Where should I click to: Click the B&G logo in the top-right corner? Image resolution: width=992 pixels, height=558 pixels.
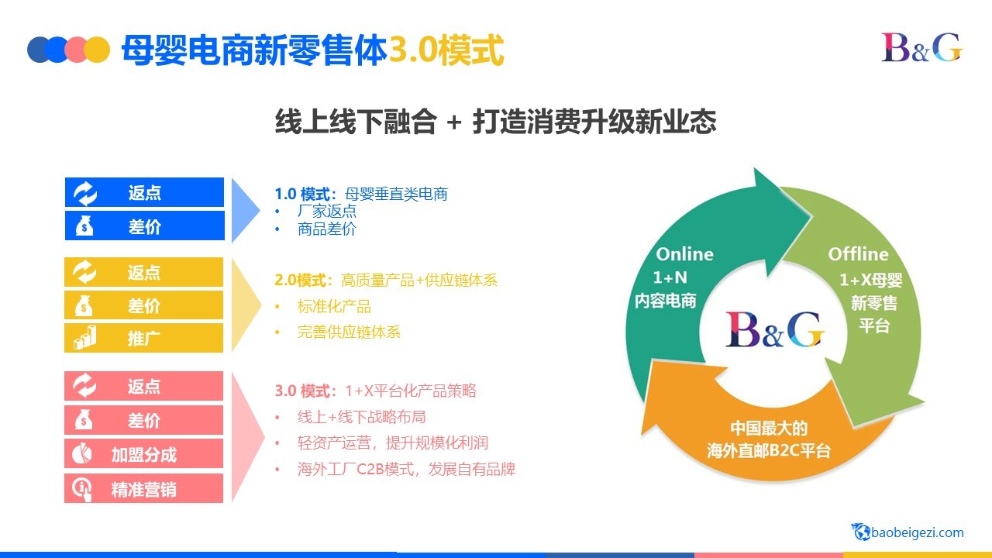[x=922, y=47]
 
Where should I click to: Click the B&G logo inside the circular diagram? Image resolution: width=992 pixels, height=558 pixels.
[x=774, y=330]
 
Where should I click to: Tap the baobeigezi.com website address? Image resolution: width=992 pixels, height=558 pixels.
[x=908, y=532]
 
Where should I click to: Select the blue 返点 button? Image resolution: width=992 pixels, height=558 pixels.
[x=144, y=192]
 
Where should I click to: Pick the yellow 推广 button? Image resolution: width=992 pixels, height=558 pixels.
[x=143, y=338]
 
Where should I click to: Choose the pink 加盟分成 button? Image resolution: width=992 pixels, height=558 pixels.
[x=143, y=453]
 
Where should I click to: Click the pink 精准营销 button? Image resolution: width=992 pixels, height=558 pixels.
[x=143, y=488]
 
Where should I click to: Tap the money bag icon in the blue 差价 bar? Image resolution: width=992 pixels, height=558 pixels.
[x=84, y=226]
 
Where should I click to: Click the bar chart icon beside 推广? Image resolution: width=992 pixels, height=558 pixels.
[x=85, y=337]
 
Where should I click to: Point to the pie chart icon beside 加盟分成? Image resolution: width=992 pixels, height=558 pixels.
[x=82, y=453]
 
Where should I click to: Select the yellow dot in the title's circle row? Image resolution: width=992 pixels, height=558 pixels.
[x=97, y=50]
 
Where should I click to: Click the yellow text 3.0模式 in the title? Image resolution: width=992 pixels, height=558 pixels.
[x=446, y=50]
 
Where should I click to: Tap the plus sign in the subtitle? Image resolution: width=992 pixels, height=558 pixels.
[x=454, y=122]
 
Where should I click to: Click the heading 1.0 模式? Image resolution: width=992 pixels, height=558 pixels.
[x=302, y=194]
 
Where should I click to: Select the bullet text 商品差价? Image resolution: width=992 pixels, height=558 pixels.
[x=327, y=229]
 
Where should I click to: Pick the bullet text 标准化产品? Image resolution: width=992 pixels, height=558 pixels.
[x=334, y=306]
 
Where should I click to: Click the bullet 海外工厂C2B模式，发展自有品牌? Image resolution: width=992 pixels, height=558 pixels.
[x=407, y=469]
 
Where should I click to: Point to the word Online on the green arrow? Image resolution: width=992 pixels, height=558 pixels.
[x=684, y=254]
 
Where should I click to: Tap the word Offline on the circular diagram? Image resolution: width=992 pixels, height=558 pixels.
[x=858, y=254]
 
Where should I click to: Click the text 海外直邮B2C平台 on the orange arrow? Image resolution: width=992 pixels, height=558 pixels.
[x=769, y=450]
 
